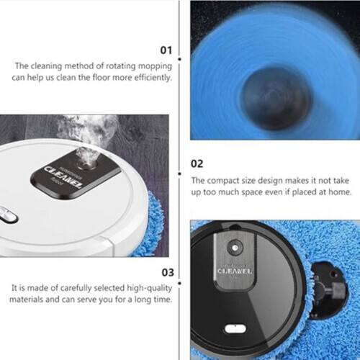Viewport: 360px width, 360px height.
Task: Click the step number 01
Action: point(165,50)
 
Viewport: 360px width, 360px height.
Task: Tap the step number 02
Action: point(198,164)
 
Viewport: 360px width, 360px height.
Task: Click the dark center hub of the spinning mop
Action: point(268,90)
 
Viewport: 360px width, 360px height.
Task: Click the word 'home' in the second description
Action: point(338,192)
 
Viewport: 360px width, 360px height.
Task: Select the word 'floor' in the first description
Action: point(104,77)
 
